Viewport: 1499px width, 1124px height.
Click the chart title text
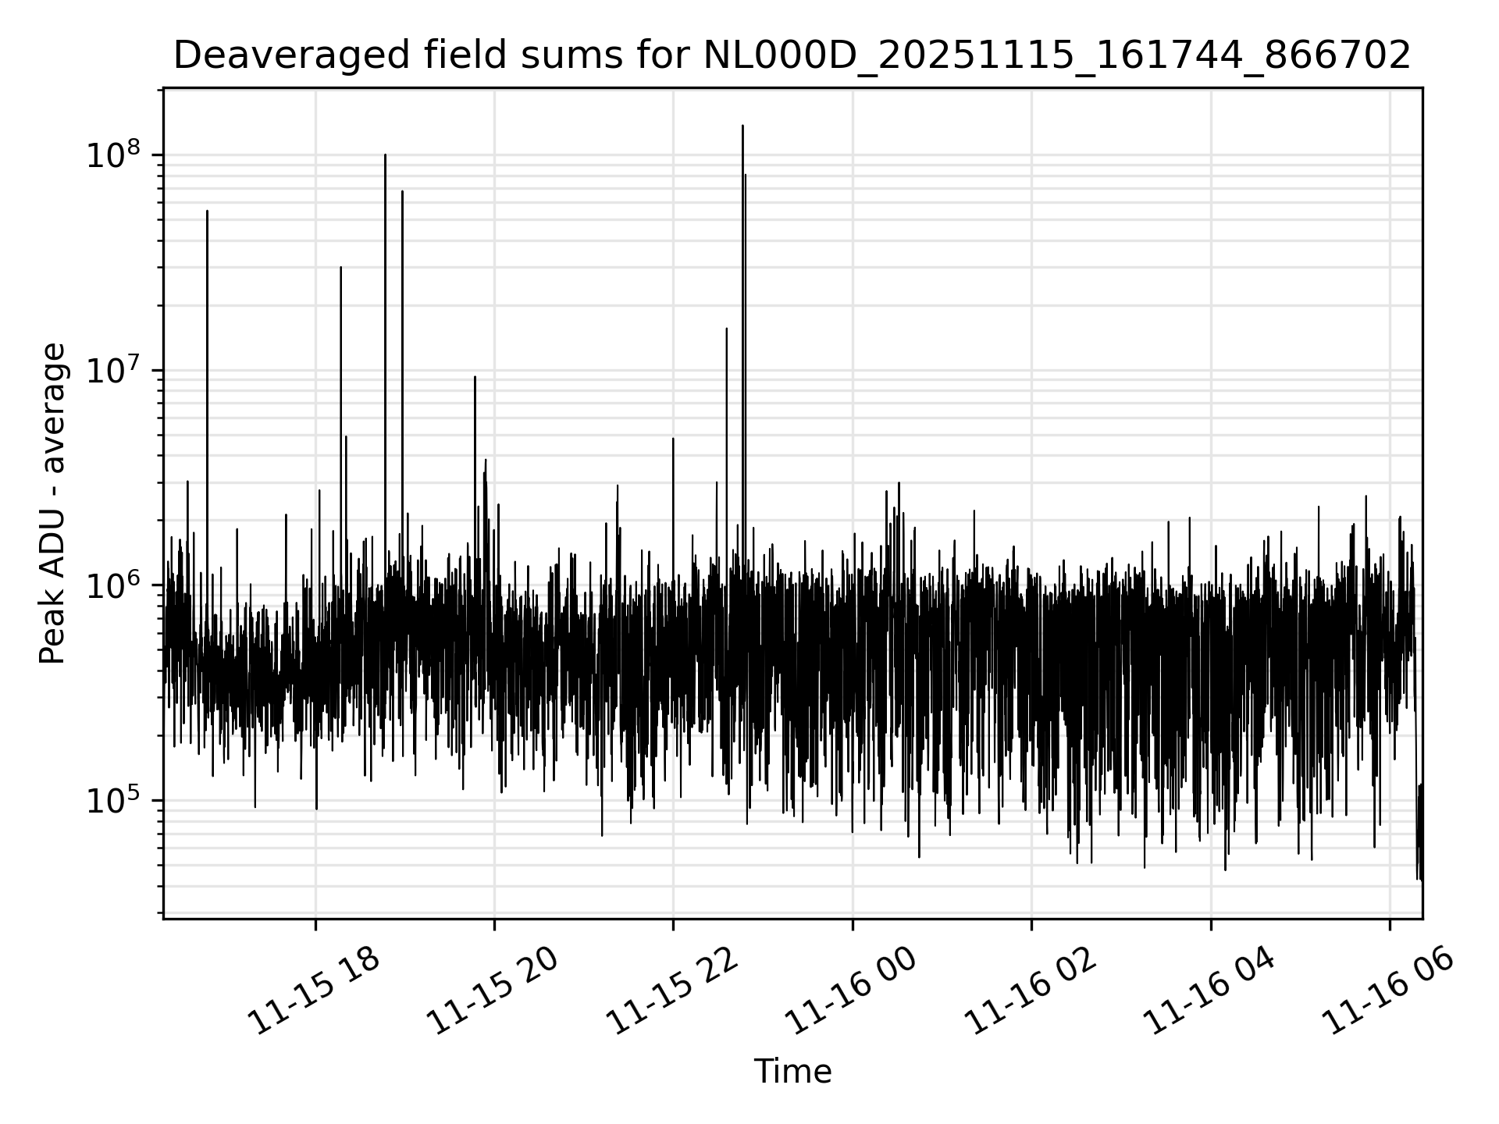coord(792,55)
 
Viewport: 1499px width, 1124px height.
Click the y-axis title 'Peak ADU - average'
coord(52,504)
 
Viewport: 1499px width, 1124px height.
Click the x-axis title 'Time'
coord(792,1072)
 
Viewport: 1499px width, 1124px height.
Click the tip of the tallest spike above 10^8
coord(742,126)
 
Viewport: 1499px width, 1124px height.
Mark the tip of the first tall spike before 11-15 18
coord(207,211)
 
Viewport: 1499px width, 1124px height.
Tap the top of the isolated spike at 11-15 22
coord(673,439)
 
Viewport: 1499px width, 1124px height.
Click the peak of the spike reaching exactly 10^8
coord(385,155)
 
